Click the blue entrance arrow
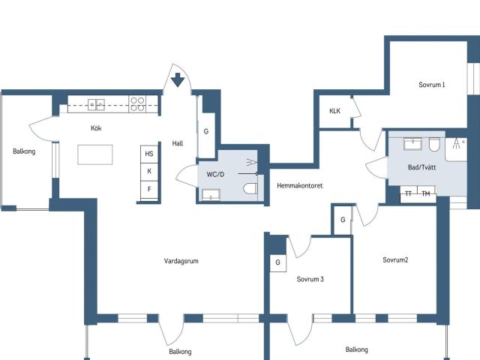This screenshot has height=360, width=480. (178, 80)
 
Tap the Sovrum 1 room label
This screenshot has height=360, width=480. (432, 85)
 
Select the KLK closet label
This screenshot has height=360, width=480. (334, 111)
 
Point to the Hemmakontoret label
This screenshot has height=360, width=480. (300, 185)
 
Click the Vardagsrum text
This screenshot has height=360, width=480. (181, 261)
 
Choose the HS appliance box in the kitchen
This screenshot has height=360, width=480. (149, 154)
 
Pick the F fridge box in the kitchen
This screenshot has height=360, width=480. (149, 190)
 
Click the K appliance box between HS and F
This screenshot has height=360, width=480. (149, 172)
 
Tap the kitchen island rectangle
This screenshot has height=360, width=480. (95, 154)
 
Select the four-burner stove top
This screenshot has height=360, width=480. (137, 104)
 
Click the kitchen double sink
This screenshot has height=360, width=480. (96, 104)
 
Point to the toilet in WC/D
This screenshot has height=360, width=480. (250, 188)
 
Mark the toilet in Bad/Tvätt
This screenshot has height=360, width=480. (434, 145)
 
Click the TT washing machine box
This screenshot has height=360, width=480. (409, 193)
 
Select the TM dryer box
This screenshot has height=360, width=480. (426, 193)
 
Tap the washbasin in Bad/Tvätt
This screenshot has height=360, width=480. (412, 144)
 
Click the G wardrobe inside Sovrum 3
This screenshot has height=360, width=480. (278, 263)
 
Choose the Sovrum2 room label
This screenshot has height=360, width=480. (395, 260)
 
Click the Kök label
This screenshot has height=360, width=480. (96, 128)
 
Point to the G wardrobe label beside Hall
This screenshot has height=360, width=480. (206, 131)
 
